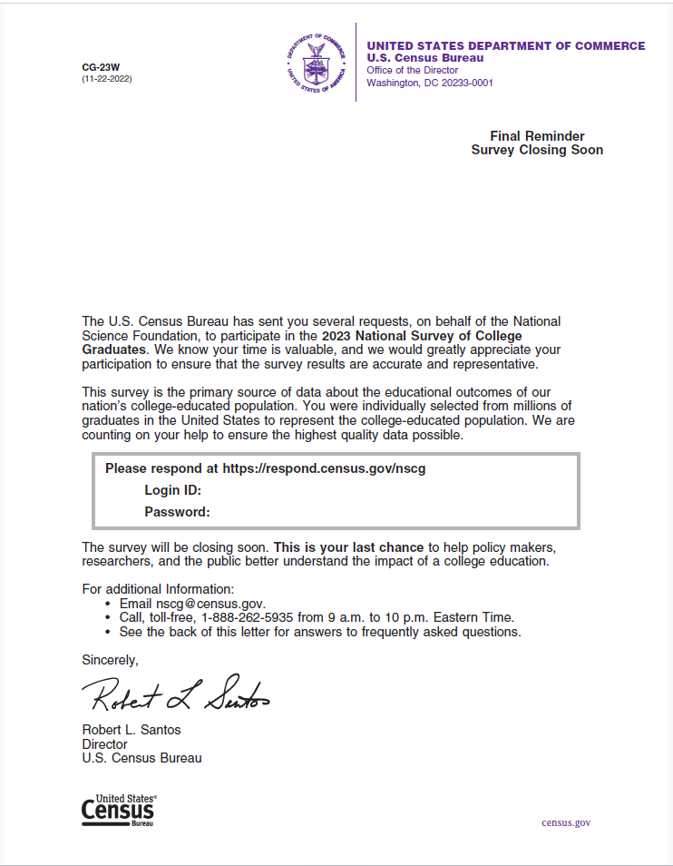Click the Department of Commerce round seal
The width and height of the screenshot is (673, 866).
[317, 62]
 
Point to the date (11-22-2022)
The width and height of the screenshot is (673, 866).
[107, 79]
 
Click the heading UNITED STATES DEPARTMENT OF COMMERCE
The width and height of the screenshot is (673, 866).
[505, 46]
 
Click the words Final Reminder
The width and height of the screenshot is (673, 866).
[537, 136]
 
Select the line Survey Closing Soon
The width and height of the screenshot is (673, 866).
[537, 151]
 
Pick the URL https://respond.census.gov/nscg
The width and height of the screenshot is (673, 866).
[324, 468]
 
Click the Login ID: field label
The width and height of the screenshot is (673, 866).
[172, 490]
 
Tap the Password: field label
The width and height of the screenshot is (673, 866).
[177, 512]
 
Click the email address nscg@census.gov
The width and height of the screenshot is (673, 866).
[210, 604]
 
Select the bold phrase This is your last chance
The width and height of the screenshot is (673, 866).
[348, 547]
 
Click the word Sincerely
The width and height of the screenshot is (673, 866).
[110, 659]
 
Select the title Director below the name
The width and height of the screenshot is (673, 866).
[104, 744]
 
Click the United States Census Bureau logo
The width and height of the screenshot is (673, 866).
[118, 809]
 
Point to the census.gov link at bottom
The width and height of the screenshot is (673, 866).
[566, 822]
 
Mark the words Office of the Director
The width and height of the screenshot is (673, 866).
[412, 71]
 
